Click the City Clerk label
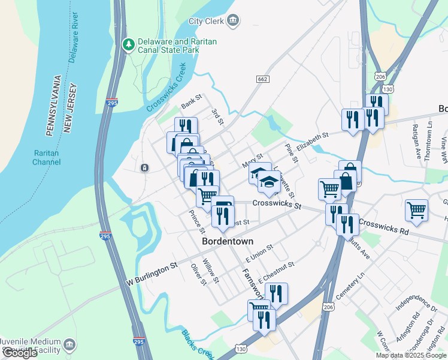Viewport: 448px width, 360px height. click(206, 21)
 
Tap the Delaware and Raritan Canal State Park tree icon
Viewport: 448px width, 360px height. click(128, 44)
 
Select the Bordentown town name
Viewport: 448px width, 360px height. click(228, 241)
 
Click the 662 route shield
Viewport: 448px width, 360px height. click(262, 79)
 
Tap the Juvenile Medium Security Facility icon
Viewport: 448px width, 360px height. click(70, 345)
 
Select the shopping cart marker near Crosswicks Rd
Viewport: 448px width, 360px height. click(416, 211)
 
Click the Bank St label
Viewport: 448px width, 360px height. click(192, 103)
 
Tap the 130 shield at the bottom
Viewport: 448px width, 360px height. click(240, 349)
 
